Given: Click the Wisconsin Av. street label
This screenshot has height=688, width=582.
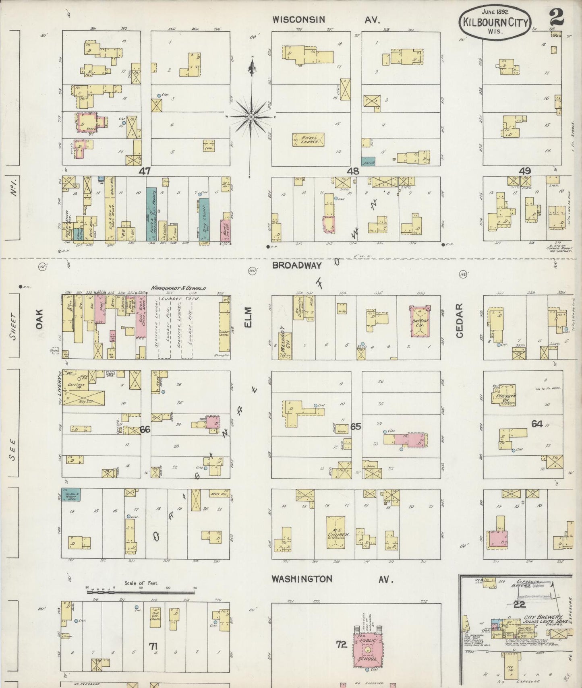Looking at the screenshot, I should click(x=325, y=20).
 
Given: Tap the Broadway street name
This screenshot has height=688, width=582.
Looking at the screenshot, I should click(x=297, y=265).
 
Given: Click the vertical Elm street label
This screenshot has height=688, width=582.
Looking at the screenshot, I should click(x=248, y=317).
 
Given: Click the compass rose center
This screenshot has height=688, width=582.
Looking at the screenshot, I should click(x=251, y=117).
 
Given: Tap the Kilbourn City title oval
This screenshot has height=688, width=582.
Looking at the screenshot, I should click(x=495, y=22).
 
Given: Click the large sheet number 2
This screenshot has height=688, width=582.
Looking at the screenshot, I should click(x=556, y=17).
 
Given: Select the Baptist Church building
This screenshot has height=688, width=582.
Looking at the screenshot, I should click(x=420, y=321).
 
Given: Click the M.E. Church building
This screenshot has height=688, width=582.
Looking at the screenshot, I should click(x=336, y=533).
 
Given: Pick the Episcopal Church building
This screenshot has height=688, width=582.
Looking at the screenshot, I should click(x=308, y=140).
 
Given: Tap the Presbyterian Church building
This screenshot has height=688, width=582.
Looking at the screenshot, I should click(x=503, y=395).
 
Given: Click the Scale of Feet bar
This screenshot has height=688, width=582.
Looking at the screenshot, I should click(x=141, y=593).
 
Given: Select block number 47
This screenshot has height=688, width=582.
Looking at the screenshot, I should click(x=145, y=171).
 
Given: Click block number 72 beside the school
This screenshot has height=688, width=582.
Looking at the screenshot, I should click(x=341, y=645).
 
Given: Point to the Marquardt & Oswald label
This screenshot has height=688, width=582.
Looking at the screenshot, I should click(x=178, y=288).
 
